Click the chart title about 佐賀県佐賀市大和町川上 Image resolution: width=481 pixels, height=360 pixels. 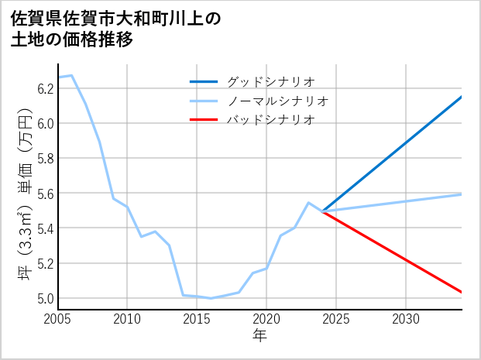click(116, 29)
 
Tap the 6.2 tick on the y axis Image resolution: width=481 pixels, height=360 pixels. click(45, 88)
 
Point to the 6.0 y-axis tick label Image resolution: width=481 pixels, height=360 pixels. click(45, 123)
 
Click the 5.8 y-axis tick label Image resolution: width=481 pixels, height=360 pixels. click(45, 158)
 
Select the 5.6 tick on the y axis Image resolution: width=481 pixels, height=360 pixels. click(45, 193)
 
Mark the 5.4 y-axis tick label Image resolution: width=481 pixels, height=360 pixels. click(45, 228)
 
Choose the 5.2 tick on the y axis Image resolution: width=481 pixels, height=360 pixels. click(45, 263)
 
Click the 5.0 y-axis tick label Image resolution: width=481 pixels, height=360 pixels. click(45, 298)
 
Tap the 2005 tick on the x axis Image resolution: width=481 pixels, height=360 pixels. click(57, 319)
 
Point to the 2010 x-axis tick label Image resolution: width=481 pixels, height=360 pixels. click(127, 319)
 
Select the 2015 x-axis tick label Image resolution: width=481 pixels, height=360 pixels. click(197, 319)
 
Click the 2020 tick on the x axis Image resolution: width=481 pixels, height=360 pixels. click(266, 319)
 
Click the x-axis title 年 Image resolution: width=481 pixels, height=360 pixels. click(259, 336)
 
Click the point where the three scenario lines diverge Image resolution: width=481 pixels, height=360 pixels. click(322, 211)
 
